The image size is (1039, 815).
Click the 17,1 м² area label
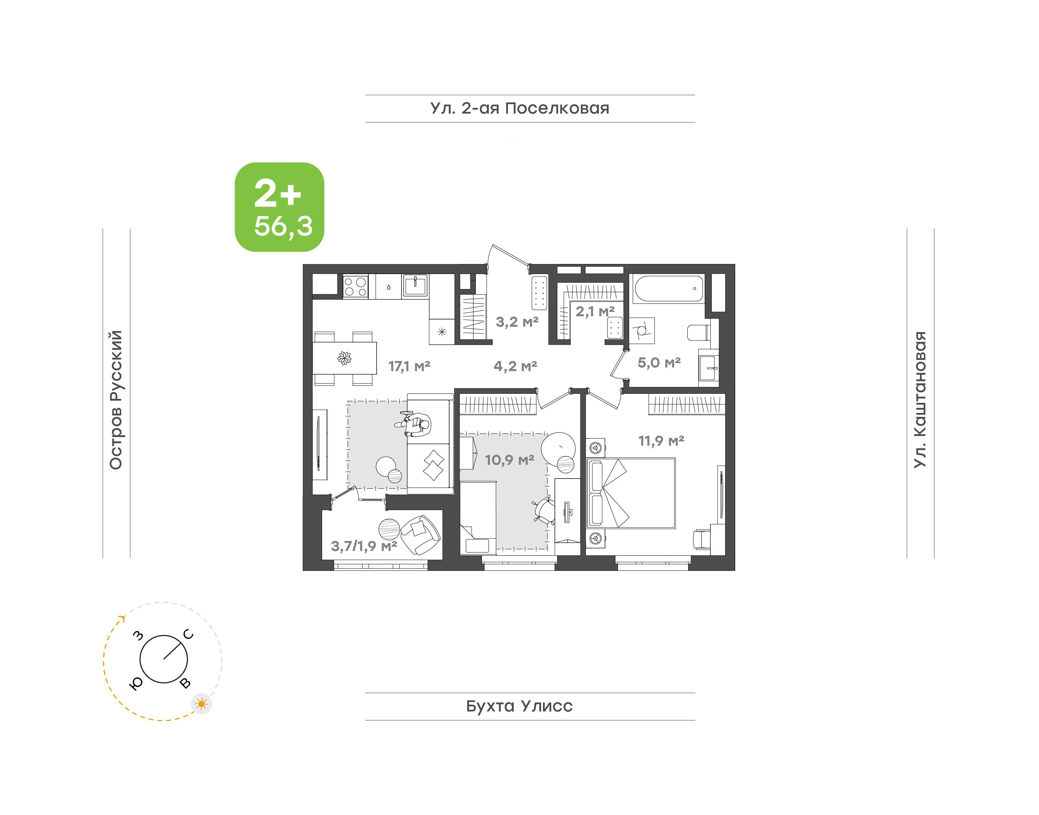(x=409, y=366)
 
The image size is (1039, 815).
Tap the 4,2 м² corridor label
(x=515, y=366)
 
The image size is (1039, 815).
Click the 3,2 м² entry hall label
(x=517, y=322)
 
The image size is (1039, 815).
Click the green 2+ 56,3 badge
(x=279, y=207)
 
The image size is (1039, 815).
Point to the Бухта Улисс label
(x=519, y=706)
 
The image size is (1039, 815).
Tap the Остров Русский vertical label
(x=116, y=400)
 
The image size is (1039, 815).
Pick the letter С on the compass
(x=189, y=634)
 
